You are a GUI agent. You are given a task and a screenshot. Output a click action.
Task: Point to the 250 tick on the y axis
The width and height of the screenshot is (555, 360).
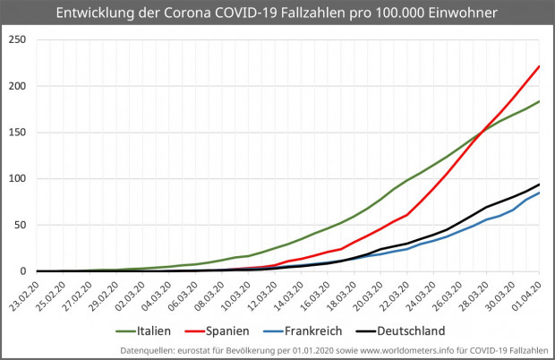(17, 39)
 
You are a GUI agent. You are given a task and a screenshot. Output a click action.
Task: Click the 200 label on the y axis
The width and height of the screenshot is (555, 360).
(17, 86)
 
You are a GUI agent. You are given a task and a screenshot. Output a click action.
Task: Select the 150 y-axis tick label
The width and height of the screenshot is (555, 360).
(17, 133)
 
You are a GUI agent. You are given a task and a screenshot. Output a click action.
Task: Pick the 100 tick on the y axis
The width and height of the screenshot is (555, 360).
(17, 178)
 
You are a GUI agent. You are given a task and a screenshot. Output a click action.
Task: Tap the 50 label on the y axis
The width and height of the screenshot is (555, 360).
(21, 225)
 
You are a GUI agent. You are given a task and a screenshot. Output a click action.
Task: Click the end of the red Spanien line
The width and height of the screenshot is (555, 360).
(539, 65)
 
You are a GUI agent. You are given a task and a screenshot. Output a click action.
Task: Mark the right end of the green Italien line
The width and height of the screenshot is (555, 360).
(539, 101)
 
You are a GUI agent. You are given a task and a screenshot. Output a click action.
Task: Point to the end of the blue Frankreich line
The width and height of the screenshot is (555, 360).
(539, 193)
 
